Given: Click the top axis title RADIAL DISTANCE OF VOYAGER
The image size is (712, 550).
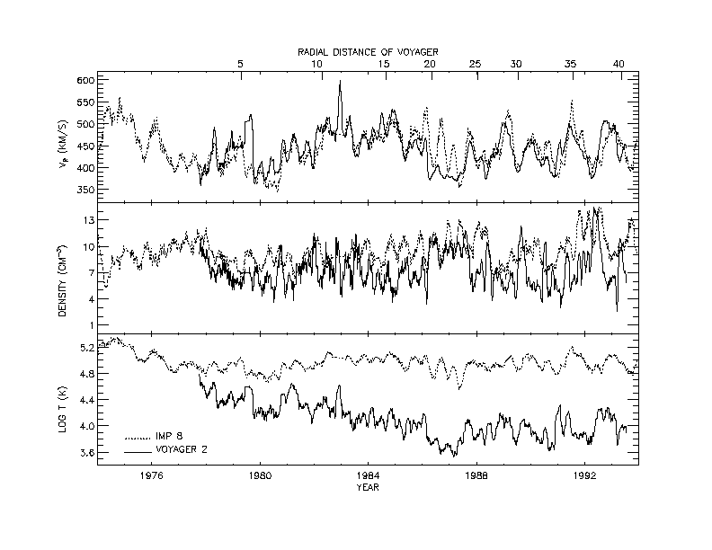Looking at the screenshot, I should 369,54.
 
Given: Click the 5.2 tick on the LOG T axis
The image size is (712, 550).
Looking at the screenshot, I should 87,347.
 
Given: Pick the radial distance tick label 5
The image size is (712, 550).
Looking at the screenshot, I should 240,66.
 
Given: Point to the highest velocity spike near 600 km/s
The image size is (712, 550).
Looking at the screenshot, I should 340,82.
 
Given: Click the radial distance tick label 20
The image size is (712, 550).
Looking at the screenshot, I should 430,66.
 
